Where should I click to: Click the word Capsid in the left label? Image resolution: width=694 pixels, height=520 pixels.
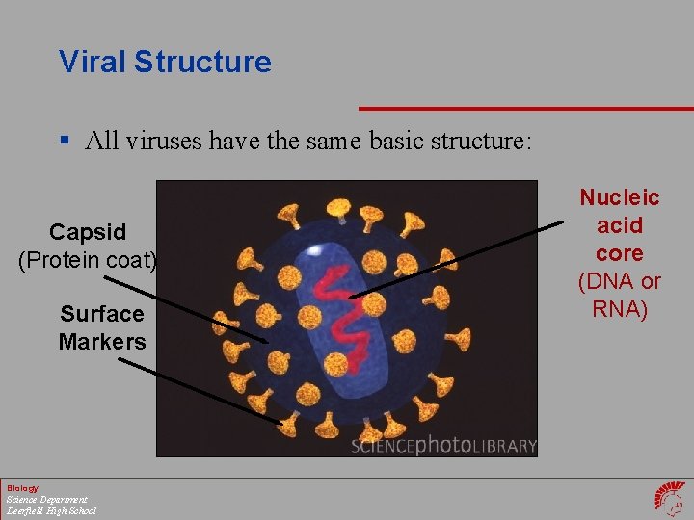pyautogui.click(x=88, y=232)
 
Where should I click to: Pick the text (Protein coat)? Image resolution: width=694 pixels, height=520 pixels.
pyautogui.click(x=88, y=259)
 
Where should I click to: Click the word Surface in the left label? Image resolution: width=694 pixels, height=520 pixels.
pyautogui.click(x=101, y=314)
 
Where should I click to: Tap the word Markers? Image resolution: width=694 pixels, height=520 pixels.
pyautogui.click(x=101, y=341)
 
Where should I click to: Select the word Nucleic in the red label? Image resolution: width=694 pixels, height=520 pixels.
pyautogui.click(x=619, y=198)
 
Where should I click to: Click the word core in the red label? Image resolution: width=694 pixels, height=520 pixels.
pyautogui.click(x=619, y=253)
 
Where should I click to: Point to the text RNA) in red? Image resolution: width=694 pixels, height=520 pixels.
pyautogui.click(x=619, y=309)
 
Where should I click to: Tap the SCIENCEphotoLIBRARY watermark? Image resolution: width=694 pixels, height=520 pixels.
pyautogui.click(x=442, y=446)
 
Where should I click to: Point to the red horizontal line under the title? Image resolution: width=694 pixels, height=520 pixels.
pyautogui.click(x=525, y=108)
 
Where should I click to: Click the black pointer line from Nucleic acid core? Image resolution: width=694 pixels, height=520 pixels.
pyautogui.click(x=453, y=260)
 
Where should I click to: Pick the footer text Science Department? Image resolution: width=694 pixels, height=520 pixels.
pyautogui.click(x=46, y=500)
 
